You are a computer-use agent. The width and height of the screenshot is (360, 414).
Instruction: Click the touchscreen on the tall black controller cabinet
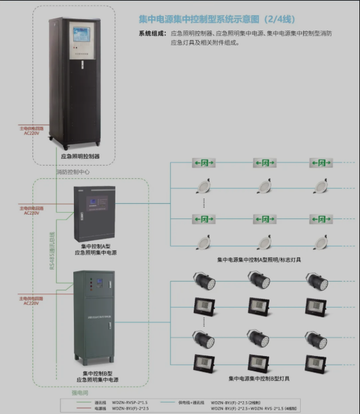coord(82,38)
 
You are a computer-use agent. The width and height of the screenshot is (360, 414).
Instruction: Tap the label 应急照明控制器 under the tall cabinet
coord(80,155)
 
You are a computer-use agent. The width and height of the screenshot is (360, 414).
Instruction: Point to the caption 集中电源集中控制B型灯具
coord(259,378)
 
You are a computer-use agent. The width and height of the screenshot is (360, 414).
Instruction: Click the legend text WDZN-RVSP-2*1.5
coord(130,403)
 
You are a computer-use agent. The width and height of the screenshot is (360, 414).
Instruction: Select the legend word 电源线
coord(101,408)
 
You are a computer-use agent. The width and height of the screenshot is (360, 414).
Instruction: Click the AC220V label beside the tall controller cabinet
coord(31,131)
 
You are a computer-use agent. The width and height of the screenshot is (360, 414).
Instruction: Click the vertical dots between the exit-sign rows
coord(204,203)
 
